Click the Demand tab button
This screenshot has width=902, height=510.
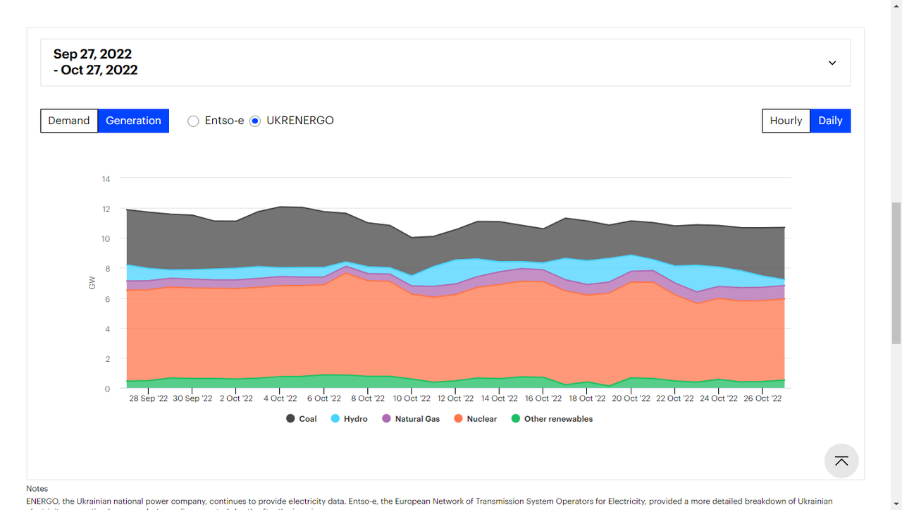[69, 121]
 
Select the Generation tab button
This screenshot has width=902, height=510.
[133, 121]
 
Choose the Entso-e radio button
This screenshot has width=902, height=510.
[194, 121]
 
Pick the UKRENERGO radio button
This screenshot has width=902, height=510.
[255, 121]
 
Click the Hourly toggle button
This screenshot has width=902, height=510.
[786, 121]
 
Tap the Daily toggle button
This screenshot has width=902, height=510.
[830, 121]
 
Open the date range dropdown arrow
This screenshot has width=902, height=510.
[832, 63]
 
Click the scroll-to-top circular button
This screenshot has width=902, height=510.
[841, 461]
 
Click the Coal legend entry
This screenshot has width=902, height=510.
[302, 419]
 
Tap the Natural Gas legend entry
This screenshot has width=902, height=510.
[411, 419]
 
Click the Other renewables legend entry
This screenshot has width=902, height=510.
[552, 419]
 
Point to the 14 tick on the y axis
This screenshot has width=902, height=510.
[106, 179]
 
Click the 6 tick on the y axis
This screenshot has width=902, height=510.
[107, 299]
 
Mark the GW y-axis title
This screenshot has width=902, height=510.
[92, 284]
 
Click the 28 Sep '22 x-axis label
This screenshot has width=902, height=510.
[148, 399]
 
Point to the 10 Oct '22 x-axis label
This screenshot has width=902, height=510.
[412, 399]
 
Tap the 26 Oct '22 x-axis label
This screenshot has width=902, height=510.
[762, 399]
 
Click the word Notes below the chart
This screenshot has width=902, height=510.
[37, 488]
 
